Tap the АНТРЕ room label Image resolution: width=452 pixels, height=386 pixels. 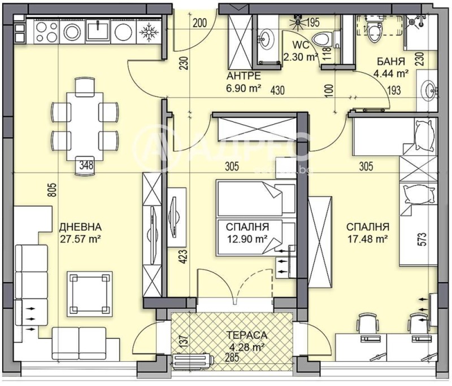point(244,76)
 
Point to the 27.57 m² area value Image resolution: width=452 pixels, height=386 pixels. point(80,238)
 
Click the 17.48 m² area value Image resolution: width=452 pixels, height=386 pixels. point(367,239)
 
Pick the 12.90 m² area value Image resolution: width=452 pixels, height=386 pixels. point(246,239)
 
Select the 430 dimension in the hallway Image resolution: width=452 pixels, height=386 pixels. point(277,90)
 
